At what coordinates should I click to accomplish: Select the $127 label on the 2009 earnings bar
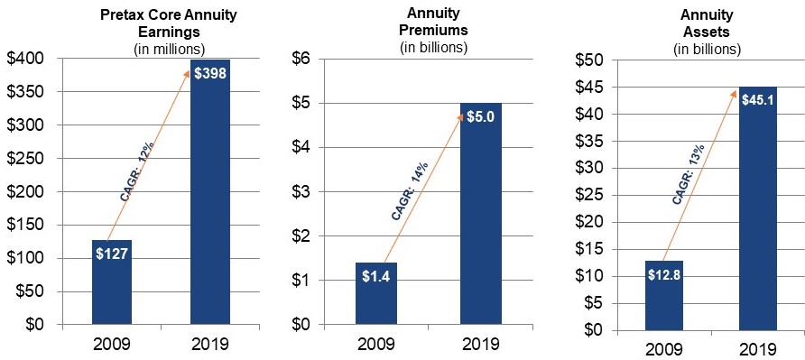[x=113, y=254]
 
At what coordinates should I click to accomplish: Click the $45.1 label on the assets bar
[x=757, y=100]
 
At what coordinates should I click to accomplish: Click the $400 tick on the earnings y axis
[x=29, y=60]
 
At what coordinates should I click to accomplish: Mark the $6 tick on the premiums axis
[x=302, y=60]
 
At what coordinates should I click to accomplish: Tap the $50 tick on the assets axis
[x=591, y=60]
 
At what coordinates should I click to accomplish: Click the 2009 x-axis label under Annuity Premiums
[x=376, y=344]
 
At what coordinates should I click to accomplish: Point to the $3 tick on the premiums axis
[x=302, y=192]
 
